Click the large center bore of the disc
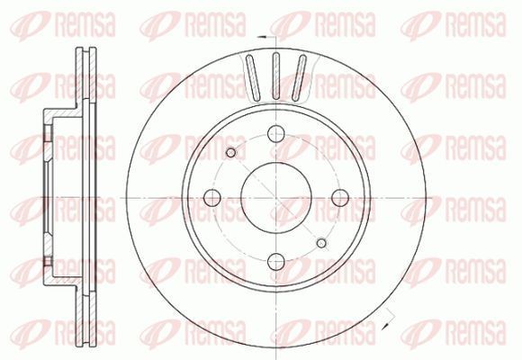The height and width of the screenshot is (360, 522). (x=276, y=198)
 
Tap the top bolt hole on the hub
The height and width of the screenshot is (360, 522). (x=276, y=133)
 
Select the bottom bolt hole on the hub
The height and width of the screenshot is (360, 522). (x=276, y=261)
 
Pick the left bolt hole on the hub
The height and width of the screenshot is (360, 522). (x=212, y=198)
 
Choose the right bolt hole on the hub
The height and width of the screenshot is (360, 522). (x=340, y=198)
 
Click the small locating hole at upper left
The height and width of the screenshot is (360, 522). (x=230, y=152)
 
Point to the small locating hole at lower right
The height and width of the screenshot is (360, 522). (x=321, y=243)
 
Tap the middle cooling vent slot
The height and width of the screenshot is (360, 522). (x=276, y=76)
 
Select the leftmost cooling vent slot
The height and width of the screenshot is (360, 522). (x=253, y=78)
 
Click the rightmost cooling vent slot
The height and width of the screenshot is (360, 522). (x=299, y=78)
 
